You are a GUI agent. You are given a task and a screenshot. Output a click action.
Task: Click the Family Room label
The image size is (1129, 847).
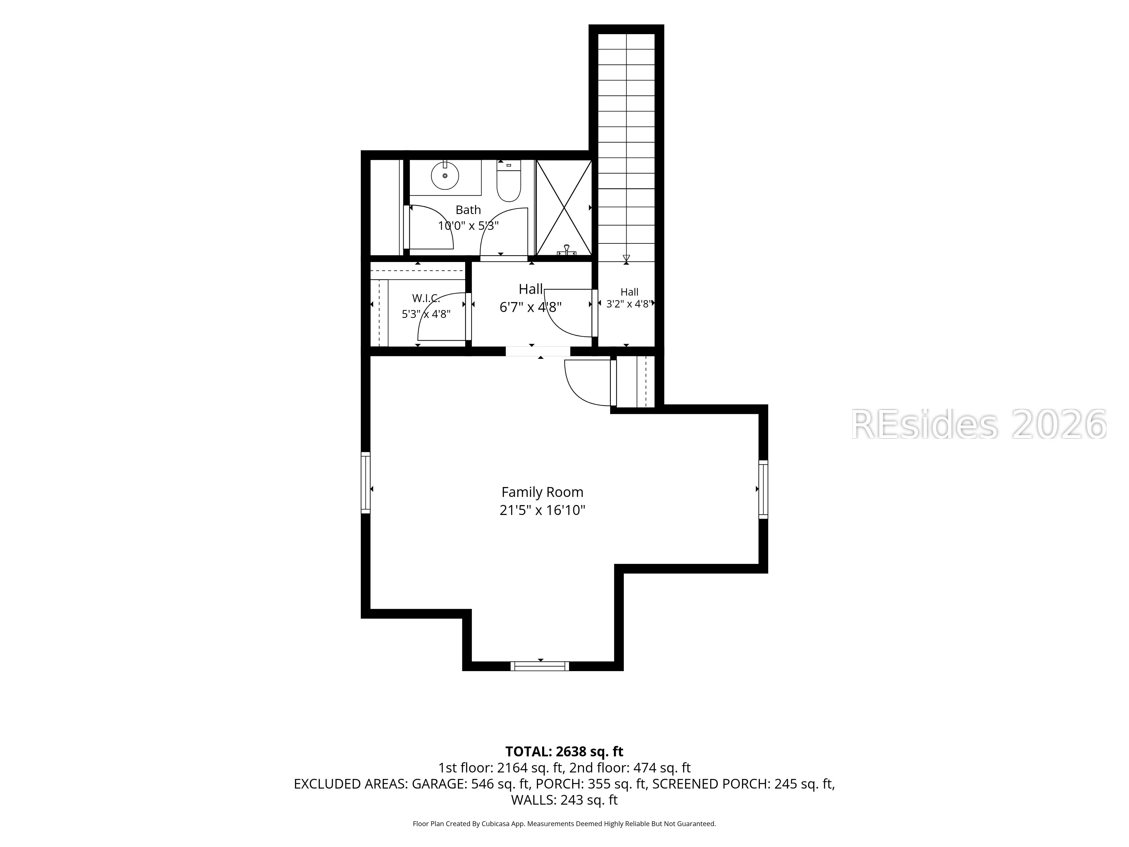tap(542, 492)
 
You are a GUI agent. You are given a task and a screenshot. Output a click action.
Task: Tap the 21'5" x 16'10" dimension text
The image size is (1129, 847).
tap(542, 510)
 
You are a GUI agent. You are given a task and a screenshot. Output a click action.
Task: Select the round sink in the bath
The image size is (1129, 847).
tap(445, 176)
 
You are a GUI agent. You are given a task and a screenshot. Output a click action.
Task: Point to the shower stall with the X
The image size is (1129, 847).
tap(563, 207)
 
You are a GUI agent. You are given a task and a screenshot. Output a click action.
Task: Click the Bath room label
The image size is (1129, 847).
tap(468, 210)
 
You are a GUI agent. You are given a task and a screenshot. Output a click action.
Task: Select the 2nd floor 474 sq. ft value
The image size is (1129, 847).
tap(662, 768)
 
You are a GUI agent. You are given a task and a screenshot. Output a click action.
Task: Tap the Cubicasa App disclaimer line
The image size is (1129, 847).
tap(564, 824)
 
